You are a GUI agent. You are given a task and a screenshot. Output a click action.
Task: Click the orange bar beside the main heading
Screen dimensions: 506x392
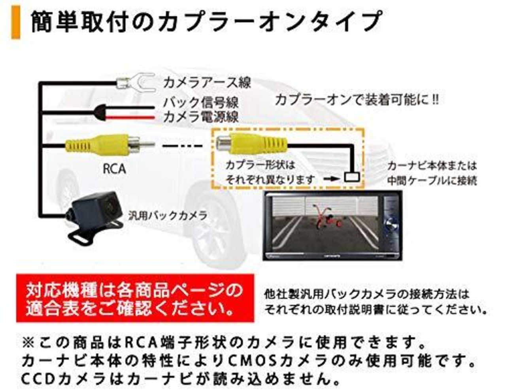(16, 23)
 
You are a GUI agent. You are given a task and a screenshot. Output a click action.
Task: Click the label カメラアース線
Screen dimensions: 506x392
(207, 82)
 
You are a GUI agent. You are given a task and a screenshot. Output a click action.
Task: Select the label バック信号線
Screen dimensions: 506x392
(201, 102)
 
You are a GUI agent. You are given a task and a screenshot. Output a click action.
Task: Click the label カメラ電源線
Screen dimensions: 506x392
(201, 117)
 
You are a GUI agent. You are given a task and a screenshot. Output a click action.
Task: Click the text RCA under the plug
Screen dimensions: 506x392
(114, 169)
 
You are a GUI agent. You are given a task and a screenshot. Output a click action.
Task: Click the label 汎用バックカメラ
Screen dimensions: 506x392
(168, 216)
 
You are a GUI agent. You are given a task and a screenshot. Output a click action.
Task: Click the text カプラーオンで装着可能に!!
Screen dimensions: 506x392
(357, 100)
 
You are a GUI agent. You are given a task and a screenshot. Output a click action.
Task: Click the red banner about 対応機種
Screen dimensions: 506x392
(135, 298)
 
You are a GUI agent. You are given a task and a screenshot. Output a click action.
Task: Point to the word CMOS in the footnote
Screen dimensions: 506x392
(252, 361)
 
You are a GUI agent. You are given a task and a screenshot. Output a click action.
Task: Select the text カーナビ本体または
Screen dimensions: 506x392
(432, 166)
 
